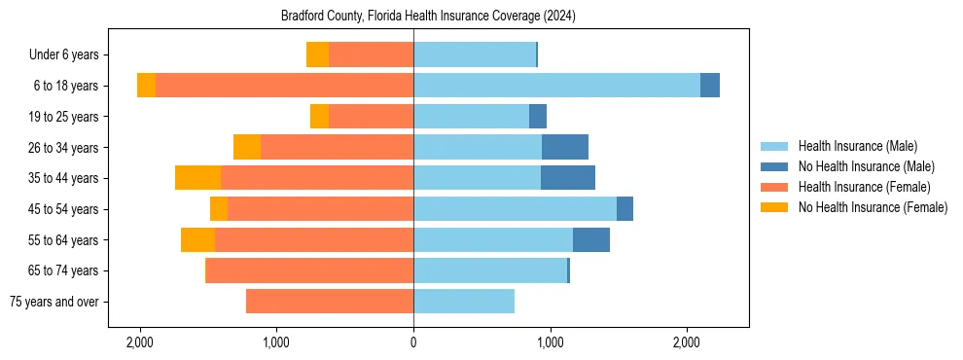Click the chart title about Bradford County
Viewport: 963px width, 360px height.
[x=428, y=16]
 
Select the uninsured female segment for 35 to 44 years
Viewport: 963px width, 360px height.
[x=197, y=178]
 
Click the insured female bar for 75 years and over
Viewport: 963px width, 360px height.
[x=330, y=302]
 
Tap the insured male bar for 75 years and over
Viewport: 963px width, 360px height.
[x=464, y=302]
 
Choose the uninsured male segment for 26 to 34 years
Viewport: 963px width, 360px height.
[x=565, y=147]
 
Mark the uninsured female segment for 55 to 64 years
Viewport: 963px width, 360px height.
[x=197, y=239]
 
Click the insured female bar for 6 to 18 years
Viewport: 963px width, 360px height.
[x=284, y=86]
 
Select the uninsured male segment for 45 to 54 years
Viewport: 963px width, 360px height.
[x=624, y=208]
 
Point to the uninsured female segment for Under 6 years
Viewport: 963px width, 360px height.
[x=317, y=54]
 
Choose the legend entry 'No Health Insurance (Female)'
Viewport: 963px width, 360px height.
[x=873, y=207]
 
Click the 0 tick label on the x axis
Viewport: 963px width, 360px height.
[x=413, y=342]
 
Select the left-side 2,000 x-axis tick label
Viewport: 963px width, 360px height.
[x=140, y=342]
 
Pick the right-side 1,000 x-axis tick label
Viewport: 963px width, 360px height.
[x=551, y=342]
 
